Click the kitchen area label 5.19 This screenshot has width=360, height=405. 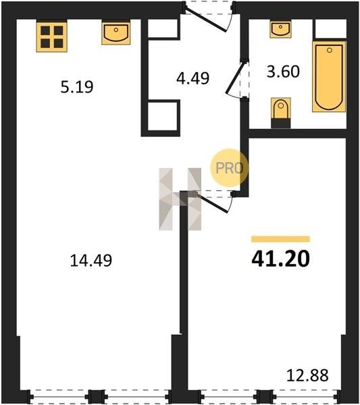(x=77, y=87)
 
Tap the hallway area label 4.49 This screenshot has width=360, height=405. (x=192, y=78)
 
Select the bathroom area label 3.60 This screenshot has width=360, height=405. (x=283, y=72)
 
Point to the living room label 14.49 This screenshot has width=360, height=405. (x=91, y=261)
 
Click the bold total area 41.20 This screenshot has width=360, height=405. (x=280, y=259)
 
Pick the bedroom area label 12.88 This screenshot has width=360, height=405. (x=307, y=375)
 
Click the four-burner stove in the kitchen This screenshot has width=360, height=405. (x=52, y=37)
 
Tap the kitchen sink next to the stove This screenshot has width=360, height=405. (x=115, y=33)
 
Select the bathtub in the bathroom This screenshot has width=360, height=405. (x=329, y=76)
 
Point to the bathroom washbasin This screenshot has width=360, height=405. (x=280, y=30)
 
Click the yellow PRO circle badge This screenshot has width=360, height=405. (x=229, y=168)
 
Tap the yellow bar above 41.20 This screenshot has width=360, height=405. (x=280, y=239)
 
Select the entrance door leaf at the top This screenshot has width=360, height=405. (x=206, y=20)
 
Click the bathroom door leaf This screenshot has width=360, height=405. (x=235, y=78)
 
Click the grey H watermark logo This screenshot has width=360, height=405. (x=180, y=199)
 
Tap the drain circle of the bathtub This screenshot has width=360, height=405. (x=329, y=51)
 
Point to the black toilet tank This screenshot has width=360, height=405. (x=281, y=124)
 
